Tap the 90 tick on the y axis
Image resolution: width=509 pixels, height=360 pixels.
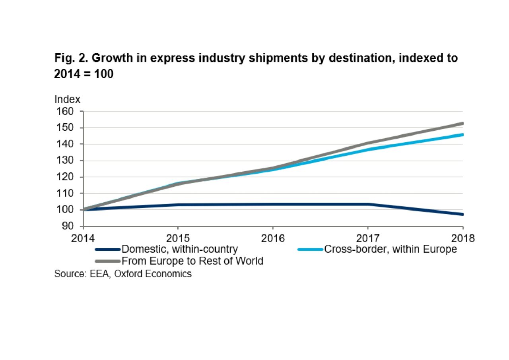pos(67,226)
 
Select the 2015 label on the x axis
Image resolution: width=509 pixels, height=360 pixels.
pos(178,238)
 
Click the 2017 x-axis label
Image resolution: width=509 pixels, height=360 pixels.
pos(368,238)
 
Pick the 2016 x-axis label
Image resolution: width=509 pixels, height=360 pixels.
pos(273,238)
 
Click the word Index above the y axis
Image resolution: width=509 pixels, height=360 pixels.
pos(67,99)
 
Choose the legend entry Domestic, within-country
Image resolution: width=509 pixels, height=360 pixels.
pos(179,250)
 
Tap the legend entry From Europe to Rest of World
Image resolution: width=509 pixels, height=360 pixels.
pos(192,261)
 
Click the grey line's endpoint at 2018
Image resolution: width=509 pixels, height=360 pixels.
pos(462,124)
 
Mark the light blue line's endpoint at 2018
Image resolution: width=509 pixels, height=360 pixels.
pos(462,135)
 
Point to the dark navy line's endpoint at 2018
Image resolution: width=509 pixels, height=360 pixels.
pos(462,214)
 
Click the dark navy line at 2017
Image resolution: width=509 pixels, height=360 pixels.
pos(368,204)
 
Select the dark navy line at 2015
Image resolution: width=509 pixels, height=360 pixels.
pos(178,205)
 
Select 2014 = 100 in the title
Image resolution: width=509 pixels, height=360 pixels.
pos(84,74)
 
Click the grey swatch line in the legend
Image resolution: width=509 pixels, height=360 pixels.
pos(107,261)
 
